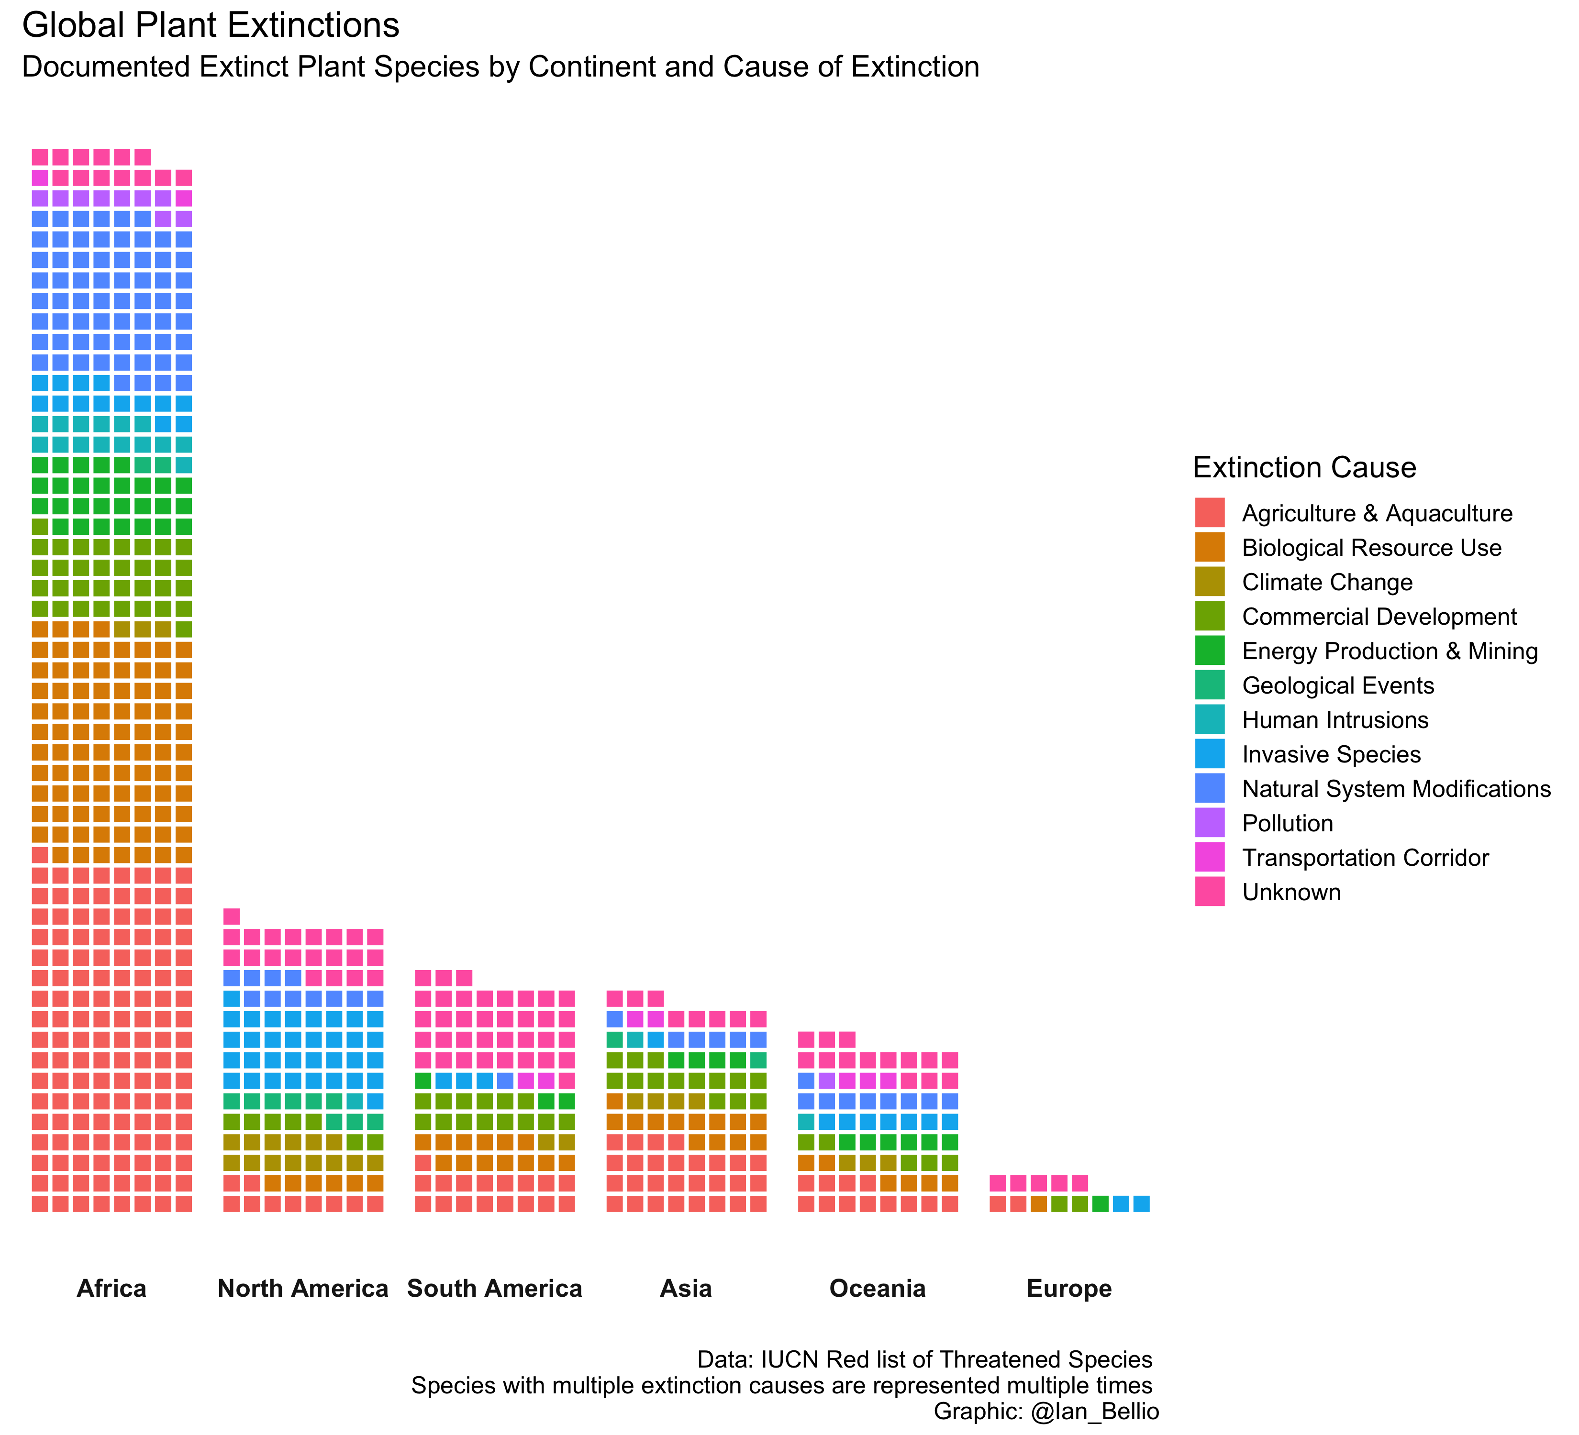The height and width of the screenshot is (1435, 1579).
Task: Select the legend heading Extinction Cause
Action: [1304, 468]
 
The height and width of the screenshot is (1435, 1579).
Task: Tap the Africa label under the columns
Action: [111, 1289]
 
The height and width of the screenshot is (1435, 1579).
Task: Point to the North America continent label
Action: [303, 1289]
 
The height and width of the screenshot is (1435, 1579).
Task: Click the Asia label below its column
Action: [686, 1289]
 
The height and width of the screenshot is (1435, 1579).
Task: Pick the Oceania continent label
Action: [877, 1289]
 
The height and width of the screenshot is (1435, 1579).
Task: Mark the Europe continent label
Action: [1069, 1289]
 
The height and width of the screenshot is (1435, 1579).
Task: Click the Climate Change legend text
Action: [1327, 583]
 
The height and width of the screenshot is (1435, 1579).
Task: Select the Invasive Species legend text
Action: [1331, 755]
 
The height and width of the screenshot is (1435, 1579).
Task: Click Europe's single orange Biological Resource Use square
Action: [1039, 1204]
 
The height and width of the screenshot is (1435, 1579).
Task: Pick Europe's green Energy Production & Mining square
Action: [1100, 1204]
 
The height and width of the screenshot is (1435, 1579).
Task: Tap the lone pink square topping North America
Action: [231, 917]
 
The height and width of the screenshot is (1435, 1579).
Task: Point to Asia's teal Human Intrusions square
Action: [635, 1039]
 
